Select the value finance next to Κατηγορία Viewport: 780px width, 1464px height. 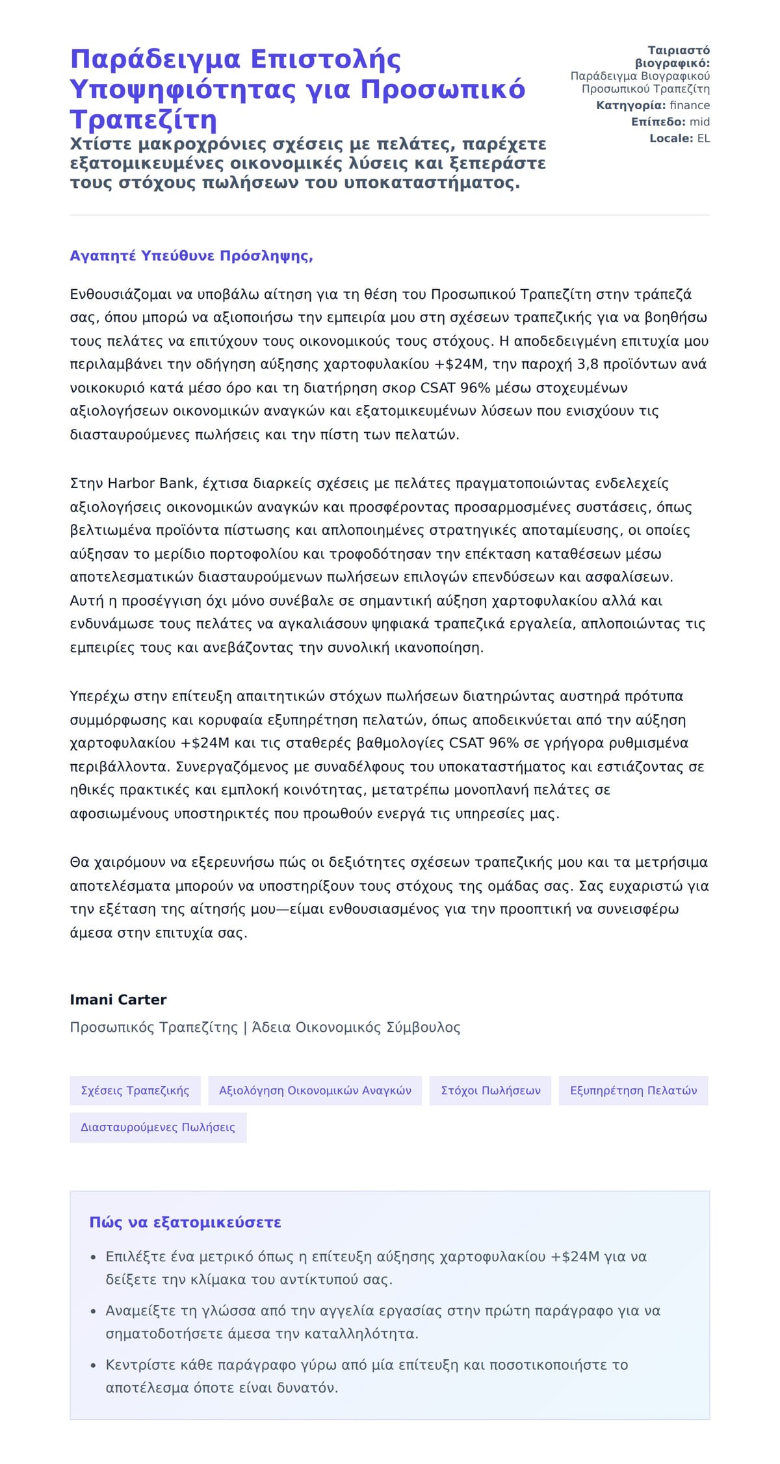coord(690,105)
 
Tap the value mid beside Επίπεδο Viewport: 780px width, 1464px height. coord(699,122)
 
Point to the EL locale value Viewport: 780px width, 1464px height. coord(703,138)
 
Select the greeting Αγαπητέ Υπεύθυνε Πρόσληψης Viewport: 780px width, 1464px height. coord(191,255)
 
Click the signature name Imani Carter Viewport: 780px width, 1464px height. coord(118,999)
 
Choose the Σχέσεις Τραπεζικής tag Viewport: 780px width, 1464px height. coord(135,1090)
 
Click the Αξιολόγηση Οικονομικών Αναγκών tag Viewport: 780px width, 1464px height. coord(315,1090)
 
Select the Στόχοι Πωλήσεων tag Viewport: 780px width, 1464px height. coord(491,1090)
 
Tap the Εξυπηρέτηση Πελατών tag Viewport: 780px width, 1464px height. coord(633,1090)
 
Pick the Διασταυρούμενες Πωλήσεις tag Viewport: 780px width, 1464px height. coord(158,1127)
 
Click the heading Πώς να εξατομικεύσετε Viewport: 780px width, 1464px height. coord(185,1222)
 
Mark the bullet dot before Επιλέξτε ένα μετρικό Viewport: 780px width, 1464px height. coord(94,1257)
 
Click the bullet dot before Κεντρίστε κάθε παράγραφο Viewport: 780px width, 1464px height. coord(94,1365)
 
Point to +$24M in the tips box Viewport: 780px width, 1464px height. coord(575,1257)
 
